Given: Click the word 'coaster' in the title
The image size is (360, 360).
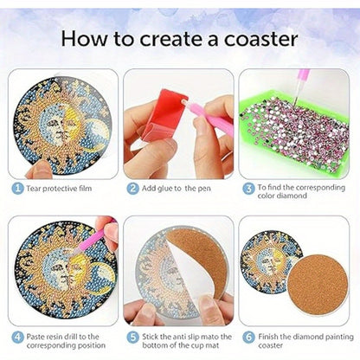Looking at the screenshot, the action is (x=260, y=39).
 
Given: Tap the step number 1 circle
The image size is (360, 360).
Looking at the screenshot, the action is (x=17, y=189).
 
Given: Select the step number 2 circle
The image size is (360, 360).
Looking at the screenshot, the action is (x=132, y=189).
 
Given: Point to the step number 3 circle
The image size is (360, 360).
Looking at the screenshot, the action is (x=248, y=189).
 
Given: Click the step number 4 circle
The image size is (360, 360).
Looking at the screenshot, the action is (x=17, y=337).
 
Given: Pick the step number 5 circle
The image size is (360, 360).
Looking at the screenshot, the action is (x=132, y=337).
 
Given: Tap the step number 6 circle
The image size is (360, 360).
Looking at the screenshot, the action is (x=248, y=337).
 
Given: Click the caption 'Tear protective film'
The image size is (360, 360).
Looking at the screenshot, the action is (x=59, y=189).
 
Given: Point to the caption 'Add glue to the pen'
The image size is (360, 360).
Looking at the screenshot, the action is (x=177, y=189).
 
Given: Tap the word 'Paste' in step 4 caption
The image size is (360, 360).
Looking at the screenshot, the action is (x=35, y=337).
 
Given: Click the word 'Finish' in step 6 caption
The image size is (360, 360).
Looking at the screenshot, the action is (x=267, y=337).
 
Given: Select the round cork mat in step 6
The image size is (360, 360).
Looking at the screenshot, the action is (x=318, y=285).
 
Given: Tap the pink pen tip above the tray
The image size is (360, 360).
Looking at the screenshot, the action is (x=296, y=101).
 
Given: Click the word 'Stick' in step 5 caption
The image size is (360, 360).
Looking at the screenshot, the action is (x=151, y=337).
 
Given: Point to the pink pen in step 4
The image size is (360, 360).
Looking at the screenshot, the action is (x=93, y=238).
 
